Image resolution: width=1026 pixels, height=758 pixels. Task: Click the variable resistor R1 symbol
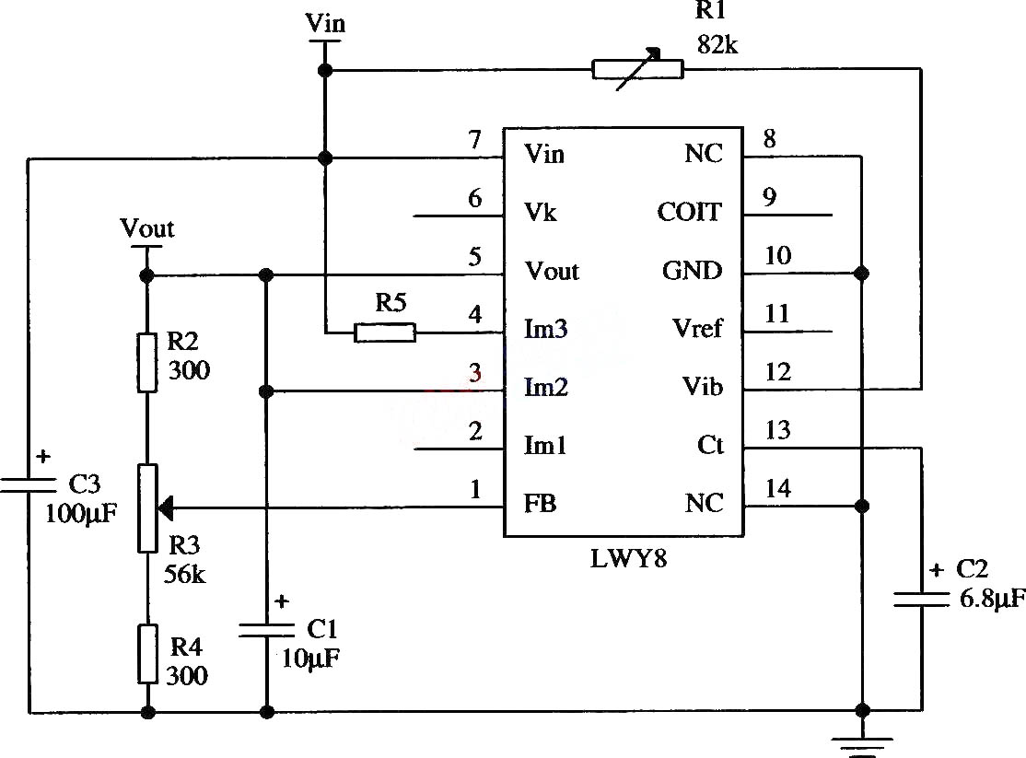[x=638, y=69]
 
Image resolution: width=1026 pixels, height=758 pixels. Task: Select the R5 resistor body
[x=385, y=332]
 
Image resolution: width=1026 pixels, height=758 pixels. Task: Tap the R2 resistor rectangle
[x=147, y=363]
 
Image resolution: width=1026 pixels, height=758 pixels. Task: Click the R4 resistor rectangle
[x=148, y=654]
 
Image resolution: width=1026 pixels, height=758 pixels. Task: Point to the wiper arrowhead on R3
[x=166, y=507]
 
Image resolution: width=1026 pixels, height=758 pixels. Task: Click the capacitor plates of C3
[x=29, y=485]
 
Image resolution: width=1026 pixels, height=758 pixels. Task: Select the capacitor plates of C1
[x=266, y=630]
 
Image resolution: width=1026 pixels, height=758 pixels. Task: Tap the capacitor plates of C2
[x=921, y=599]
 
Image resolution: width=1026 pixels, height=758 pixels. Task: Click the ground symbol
[x=862, y=746]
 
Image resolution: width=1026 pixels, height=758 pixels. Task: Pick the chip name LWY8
[x=628, y=559]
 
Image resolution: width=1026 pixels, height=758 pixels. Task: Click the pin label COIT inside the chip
[x=689, y=212]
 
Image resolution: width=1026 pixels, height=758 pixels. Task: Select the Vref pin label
[x=697, y=328]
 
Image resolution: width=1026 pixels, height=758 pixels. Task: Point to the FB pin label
[x=540, y=503]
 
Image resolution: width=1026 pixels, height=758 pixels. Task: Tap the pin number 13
[x=778, y=430]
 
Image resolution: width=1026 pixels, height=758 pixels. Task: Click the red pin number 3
[x=475, y=372]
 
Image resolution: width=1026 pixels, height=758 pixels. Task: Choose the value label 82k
[x=717, y=44]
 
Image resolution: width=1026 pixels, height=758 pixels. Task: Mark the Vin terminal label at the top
[x=325, y=24]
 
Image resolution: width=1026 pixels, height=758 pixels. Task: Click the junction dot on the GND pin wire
[x=862, y=273]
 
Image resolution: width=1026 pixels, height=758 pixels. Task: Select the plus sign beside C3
[x=43, y=456]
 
